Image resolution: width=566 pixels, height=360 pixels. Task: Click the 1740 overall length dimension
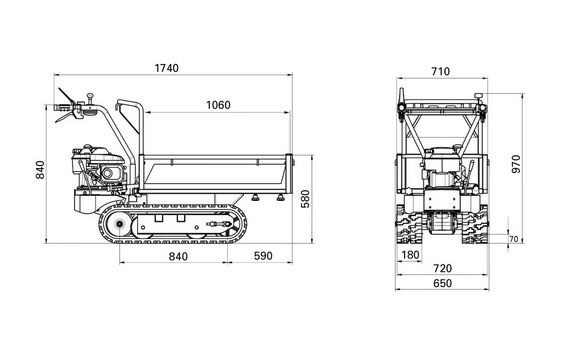click(166, 68)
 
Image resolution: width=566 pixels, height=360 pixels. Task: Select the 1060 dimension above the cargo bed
click(218, 105)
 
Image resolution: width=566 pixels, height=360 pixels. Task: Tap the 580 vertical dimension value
click(305, 199)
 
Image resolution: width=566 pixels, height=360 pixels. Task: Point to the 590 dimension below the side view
click(263, 256)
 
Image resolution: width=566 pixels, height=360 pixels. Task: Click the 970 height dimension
click(517, 164)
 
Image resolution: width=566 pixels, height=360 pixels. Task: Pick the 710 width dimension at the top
click(440, 72)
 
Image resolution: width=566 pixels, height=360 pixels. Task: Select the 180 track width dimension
click(410, 255)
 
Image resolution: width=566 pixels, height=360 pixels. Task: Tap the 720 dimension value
click(443, 268)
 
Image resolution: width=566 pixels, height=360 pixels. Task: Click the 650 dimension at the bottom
click(443, 283)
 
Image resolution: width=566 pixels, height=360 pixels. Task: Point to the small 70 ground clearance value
click(513, 239)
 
